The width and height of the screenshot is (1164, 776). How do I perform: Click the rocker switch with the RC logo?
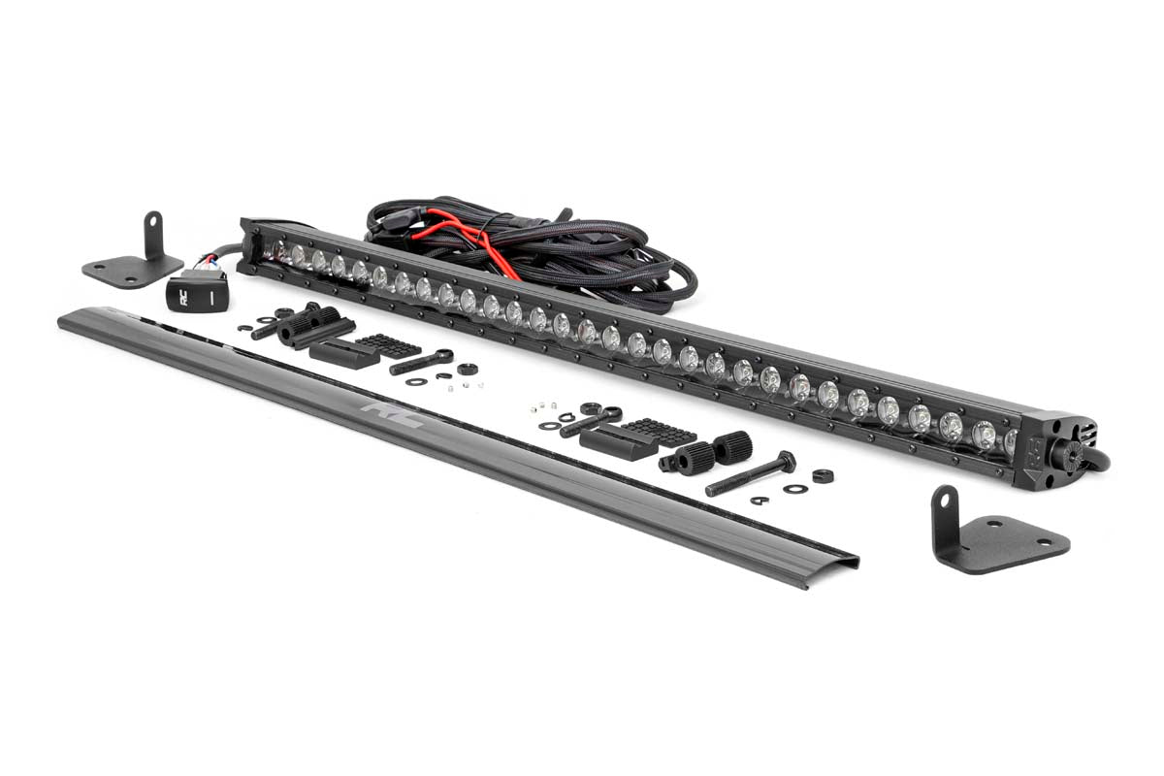196,290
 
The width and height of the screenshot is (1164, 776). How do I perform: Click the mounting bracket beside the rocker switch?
136,256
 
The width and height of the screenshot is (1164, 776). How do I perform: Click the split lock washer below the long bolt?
760,501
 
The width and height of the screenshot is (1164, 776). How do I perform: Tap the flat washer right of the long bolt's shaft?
795,488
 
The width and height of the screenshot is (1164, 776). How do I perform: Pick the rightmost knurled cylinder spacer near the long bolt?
733,447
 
